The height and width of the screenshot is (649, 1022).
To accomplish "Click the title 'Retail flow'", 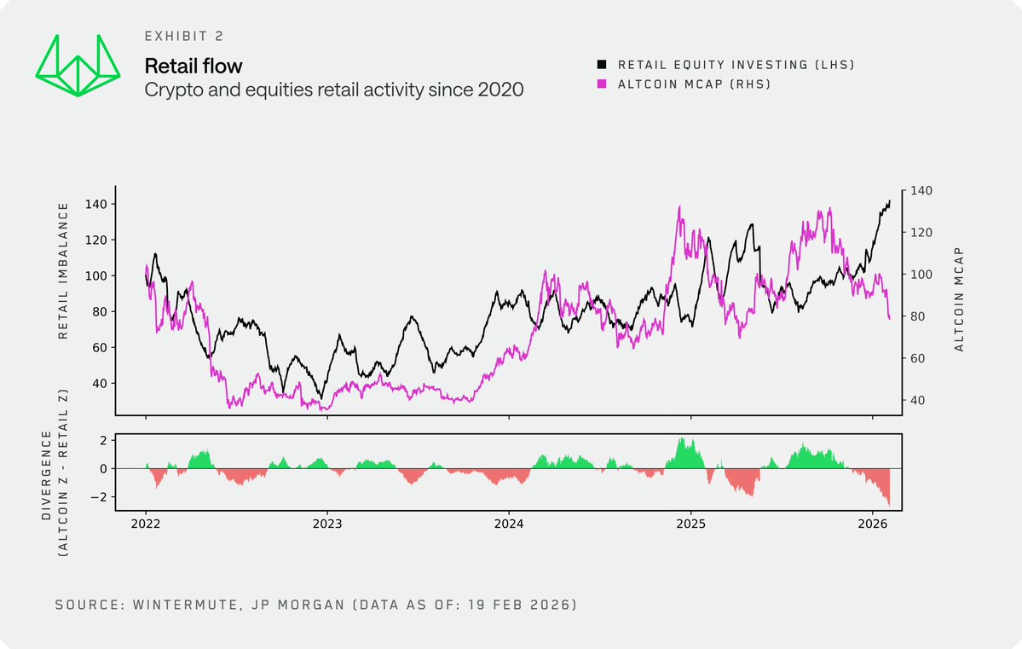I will (x=193, y=66).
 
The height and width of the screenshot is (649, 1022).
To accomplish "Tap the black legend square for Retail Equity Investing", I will (x=603, y=64).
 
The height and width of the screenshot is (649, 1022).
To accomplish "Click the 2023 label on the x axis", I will (x=327, y=521).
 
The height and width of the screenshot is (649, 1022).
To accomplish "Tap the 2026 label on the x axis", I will (x=872, y=521).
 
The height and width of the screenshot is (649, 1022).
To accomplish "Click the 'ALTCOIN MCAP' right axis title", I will (x=959, y=299).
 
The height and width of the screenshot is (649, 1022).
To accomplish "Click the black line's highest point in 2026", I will (x=889, y=200).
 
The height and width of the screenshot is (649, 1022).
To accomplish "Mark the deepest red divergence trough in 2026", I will (x=889, y=506).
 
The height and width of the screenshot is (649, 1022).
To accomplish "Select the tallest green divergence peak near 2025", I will (x=680, y=438).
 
